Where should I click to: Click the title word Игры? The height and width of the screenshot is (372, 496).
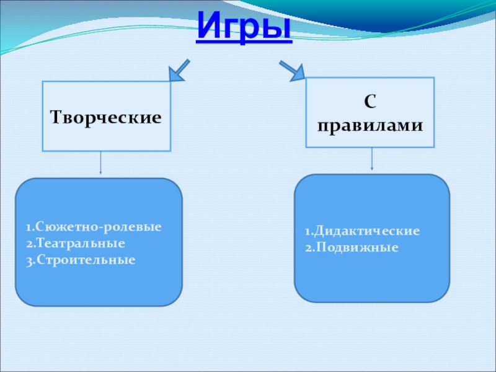(x=244, y=28)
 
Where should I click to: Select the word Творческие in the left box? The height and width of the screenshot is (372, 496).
(x=105, y=117)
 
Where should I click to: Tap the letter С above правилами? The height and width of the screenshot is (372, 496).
(x=371, y=101)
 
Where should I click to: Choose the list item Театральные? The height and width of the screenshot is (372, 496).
(x=80, y=242)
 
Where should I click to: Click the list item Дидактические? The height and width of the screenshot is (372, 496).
(x=366, y=231)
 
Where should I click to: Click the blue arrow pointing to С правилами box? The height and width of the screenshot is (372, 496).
(x=291, y=70)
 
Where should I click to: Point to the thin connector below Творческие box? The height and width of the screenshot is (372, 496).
(x=100, y=162)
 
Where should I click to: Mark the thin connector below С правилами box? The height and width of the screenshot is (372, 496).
(x=372, y=157)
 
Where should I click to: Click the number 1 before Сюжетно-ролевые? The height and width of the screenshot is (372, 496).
(x=29, y=226)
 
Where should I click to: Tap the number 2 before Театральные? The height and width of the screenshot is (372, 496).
(x=29, y=242)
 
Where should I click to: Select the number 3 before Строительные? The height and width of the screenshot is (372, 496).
(x=29, y=257)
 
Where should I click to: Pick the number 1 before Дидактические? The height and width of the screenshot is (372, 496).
(x=306, y=231)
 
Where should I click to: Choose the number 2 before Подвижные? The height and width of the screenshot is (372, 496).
(x=307, y=247)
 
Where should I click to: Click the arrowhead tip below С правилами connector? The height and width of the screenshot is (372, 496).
(x=372, y=169)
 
